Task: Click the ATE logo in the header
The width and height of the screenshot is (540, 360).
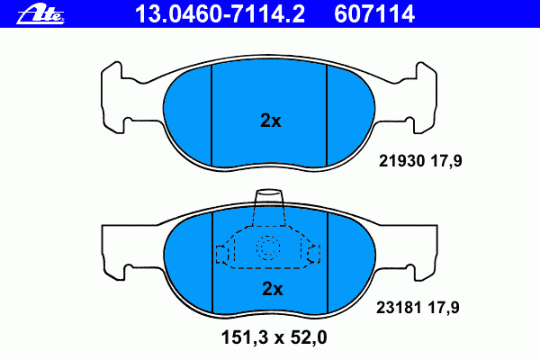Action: tap(40, 14)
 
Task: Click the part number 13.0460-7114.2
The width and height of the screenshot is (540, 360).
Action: tap(220, 14)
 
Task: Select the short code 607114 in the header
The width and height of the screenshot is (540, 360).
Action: tap(374, 14)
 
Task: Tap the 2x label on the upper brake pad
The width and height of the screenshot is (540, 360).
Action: tap(270, 121)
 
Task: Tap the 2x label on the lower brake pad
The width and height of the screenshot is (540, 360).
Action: tap(273, 289)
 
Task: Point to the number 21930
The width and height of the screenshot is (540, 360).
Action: tap(401, 161)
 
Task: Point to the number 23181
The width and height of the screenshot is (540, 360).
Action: tap(399, 307)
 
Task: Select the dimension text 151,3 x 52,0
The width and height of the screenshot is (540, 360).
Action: tap(274, 337)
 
